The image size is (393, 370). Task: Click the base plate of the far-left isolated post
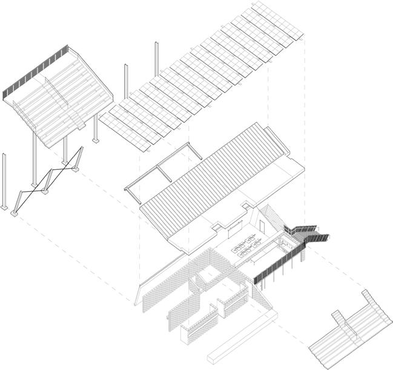5,208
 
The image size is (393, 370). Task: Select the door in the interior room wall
262,226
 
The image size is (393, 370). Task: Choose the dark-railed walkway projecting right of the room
309,234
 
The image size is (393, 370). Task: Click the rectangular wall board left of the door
233,230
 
